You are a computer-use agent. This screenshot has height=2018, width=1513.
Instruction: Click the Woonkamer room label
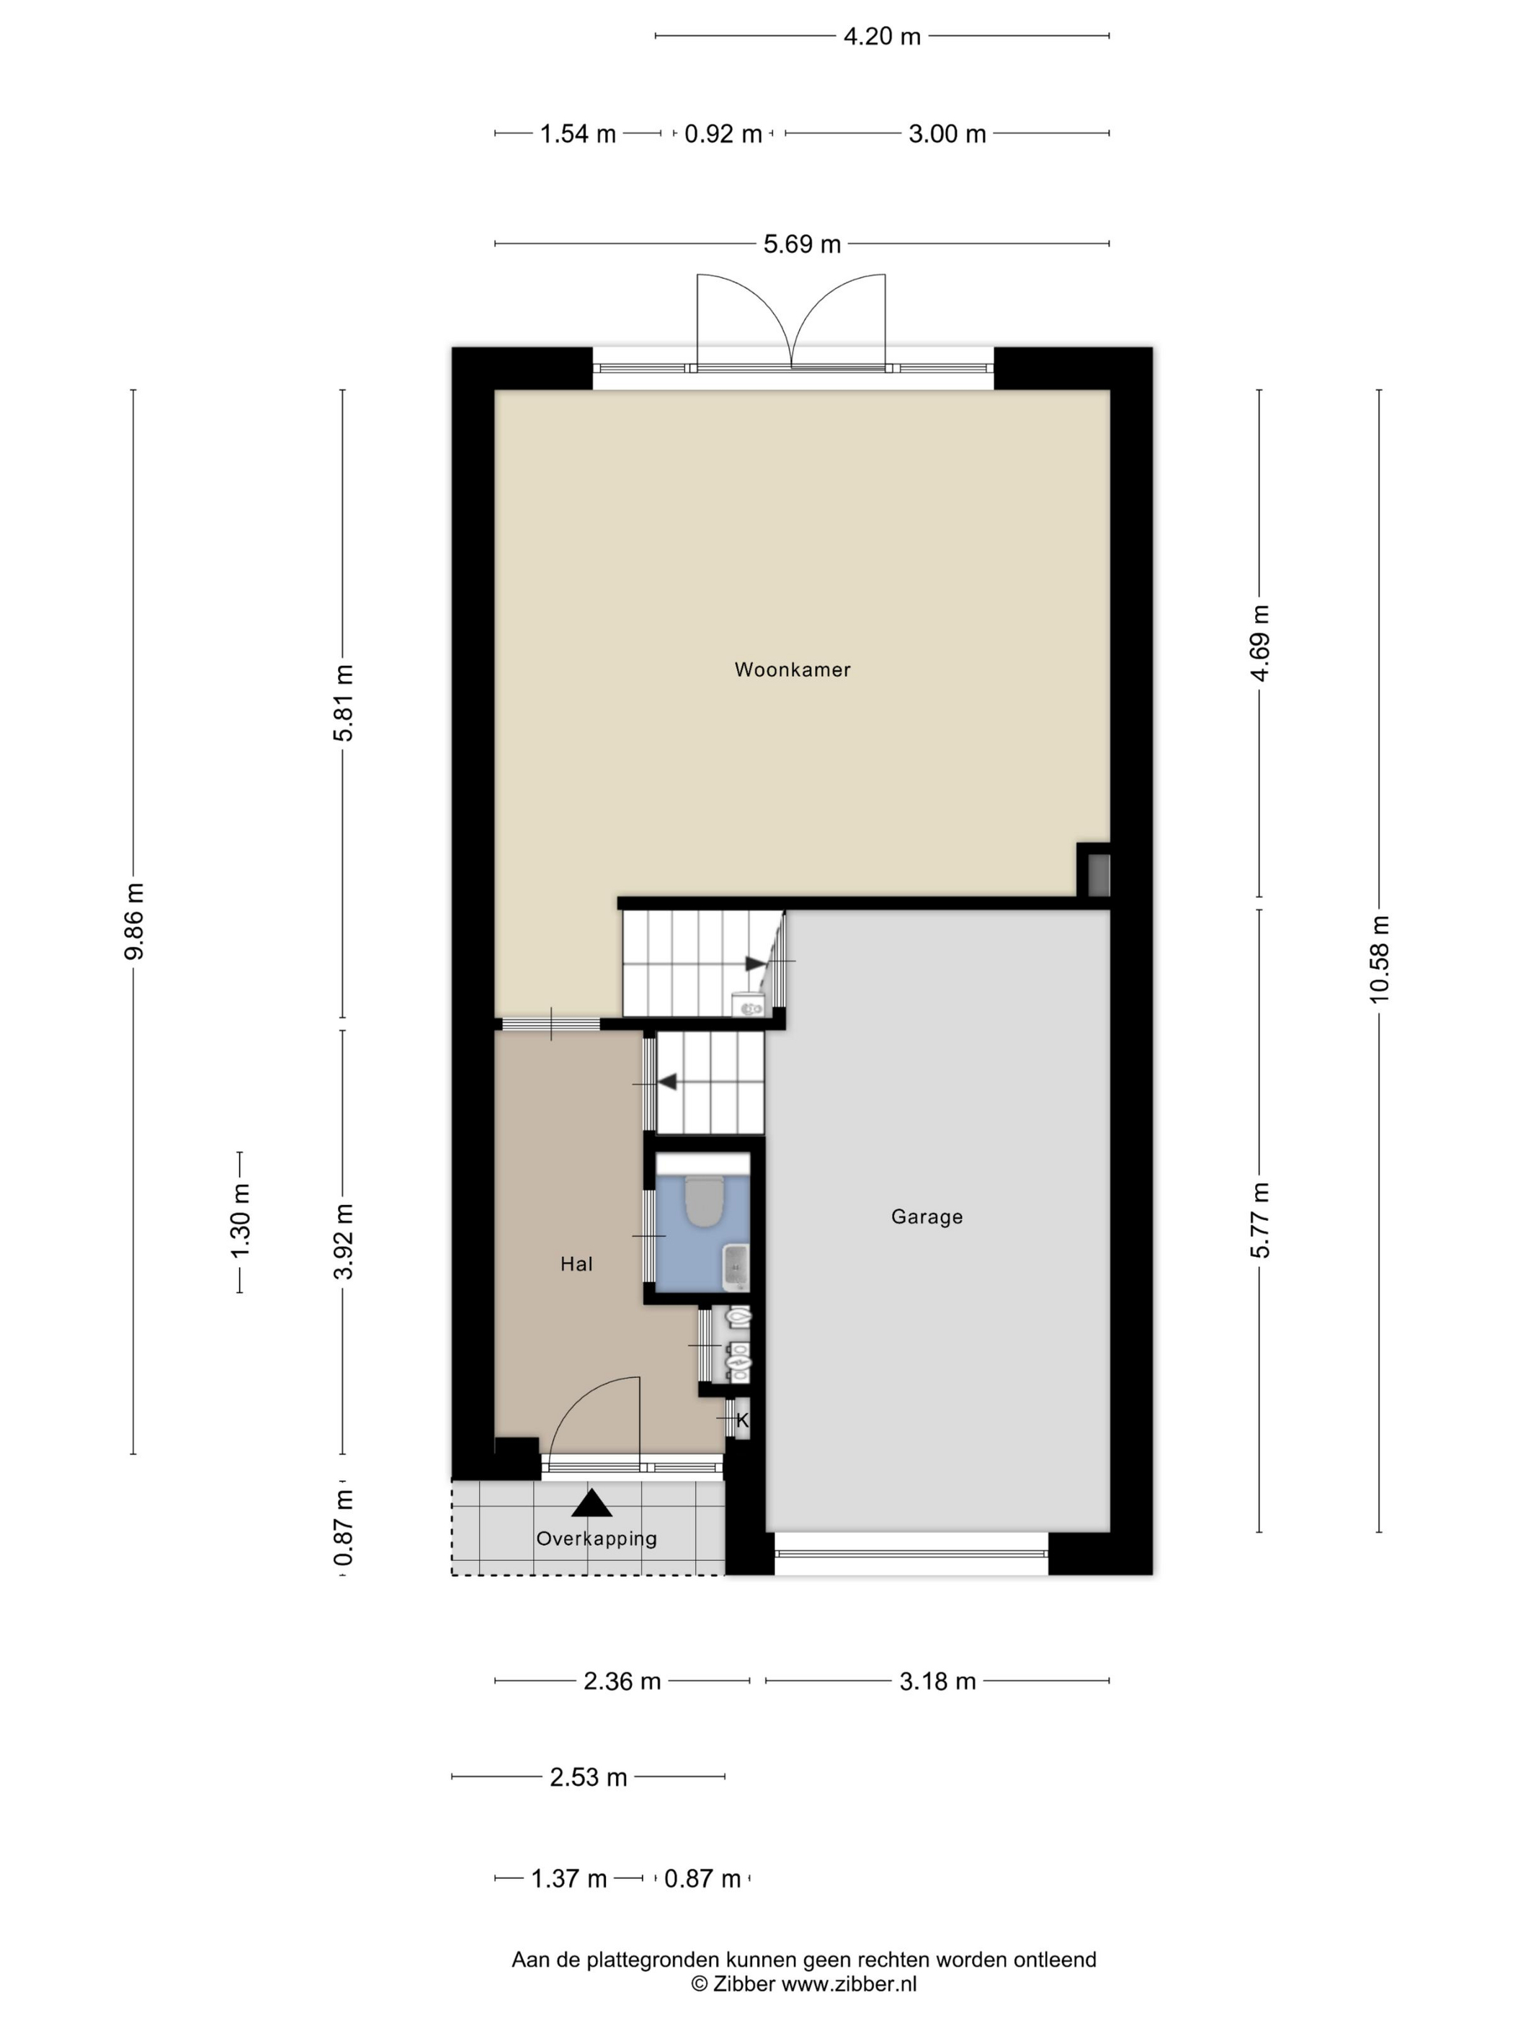[x=792, y=670]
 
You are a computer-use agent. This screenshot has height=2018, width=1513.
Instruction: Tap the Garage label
[x=927, y=1217]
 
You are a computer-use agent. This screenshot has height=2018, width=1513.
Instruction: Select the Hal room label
[x=576, y=1263]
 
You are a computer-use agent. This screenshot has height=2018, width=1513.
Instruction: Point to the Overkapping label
[x=597, y=1538]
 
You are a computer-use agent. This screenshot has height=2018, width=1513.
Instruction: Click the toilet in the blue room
[x=703, y=1201]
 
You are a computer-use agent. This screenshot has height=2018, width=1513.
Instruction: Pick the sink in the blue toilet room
[x=735, y=1267]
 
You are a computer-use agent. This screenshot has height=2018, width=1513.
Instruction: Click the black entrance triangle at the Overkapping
[x=592, y=1503]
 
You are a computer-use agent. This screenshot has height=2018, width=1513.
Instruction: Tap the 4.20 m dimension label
[x=882, y=37]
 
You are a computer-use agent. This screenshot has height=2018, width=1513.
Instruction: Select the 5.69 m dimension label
[x=802, y=244]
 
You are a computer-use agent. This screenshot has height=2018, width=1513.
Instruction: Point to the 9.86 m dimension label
[x=134, y=921]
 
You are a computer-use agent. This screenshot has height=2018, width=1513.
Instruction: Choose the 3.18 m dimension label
[x=937, y=1681]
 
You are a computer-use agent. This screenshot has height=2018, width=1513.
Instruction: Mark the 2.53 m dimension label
[x=588, y=1777]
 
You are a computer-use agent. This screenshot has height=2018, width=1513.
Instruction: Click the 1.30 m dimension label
[x=240, y=1221]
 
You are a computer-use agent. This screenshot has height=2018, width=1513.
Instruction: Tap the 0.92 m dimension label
[x=723, y=134]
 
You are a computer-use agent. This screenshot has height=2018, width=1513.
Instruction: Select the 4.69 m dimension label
[x=1259, y=643]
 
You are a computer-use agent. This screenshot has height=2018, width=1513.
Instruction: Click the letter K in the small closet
[x=742, y=1420]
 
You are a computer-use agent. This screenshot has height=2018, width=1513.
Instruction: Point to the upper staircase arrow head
[x=755, y=964]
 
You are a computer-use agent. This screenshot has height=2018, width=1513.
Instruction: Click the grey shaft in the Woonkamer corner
[x=1099, y=874]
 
